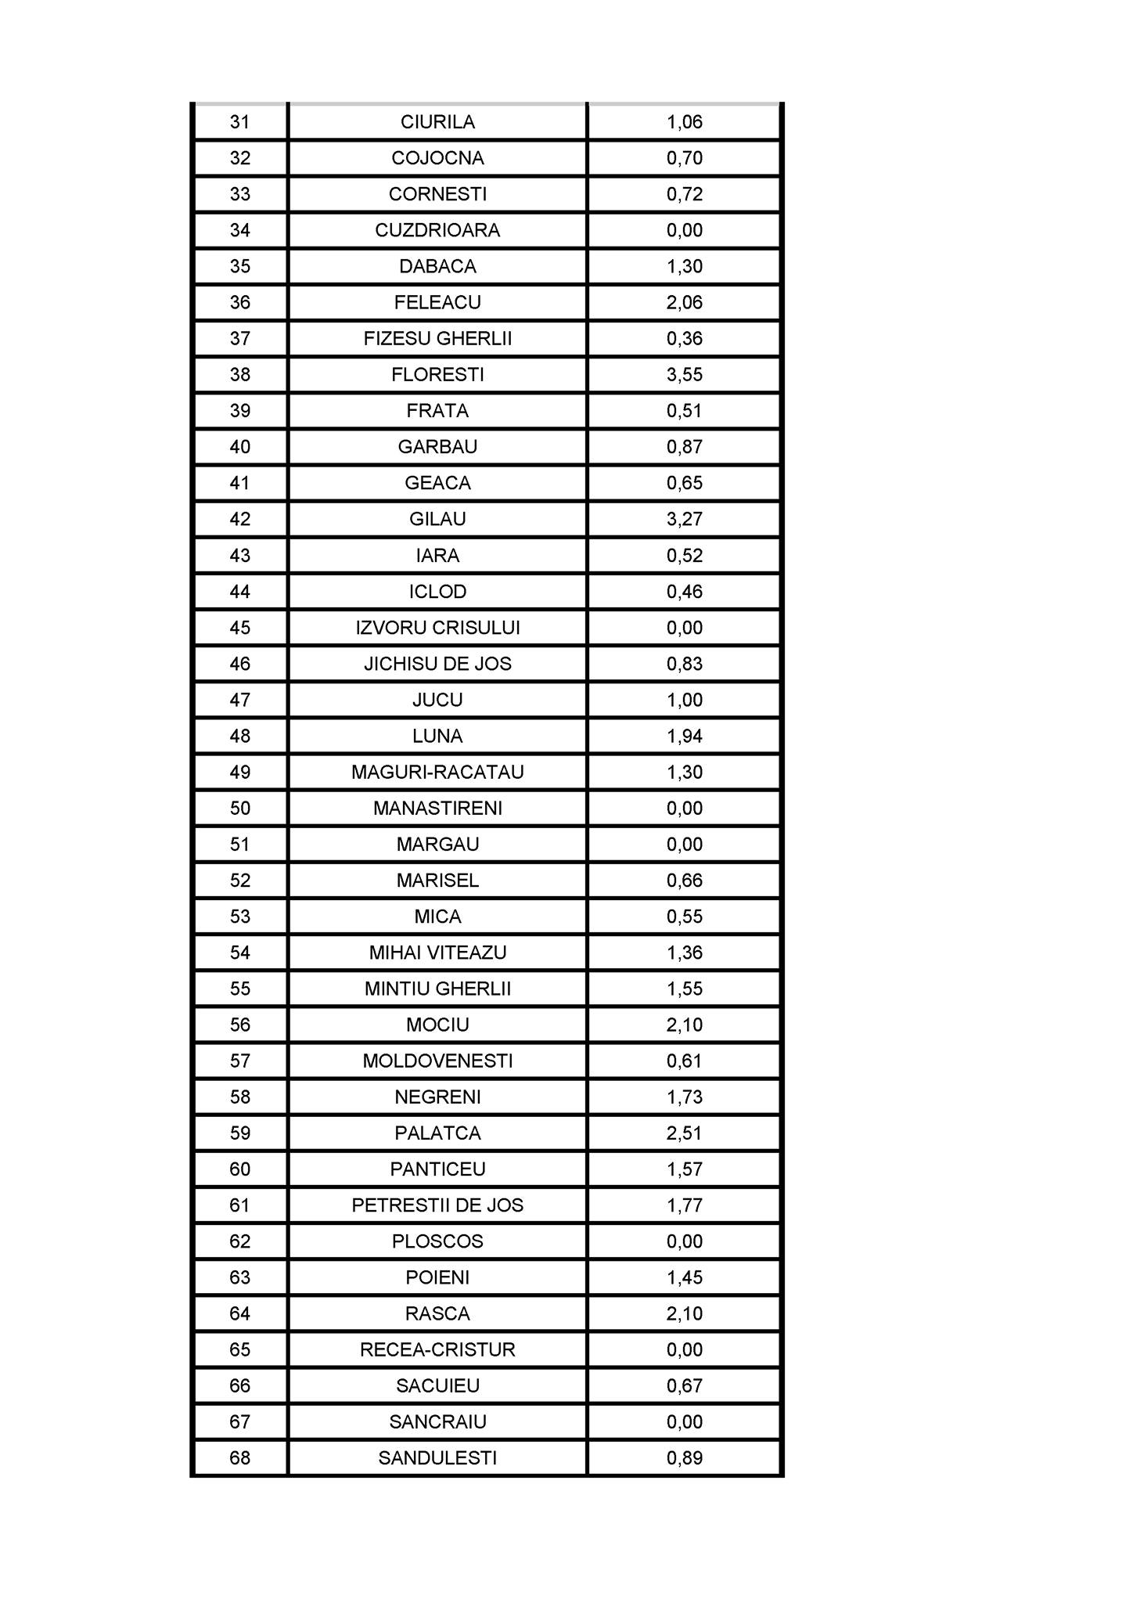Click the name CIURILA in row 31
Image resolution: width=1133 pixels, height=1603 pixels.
pos(437,122)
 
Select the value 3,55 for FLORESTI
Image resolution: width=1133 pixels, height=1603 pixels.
pos(685,375)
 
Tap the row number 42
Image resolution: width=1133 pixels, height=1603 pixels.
pos(240,519)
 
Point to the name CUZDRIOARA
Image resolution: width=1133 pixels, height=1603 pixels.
pos(437,230)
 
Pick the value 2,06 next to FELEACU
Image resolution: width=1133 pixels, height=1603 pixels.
pos(685,302)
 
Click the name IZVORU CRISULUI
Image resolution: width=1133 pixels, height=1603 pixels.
pos(437,628)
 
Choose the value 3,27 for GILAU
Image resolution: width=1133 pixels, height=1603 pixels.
pos(685,519)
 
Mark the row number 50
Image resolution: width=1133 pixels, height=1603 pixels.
pos(240,808)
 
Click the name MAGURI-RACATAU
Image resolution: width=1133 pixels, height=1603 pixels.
pos(437,772)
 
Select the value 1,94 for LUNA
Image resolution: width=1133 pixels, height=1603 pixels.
pos(685,736)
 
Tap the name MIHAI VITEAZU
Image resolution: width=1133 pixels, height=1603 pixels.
pos(437,953)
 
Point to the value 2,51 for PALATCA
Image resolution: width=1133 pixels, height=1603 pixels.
pos(685,1133)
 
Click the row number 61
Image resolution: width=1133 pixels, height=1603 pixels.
pos(240,1205)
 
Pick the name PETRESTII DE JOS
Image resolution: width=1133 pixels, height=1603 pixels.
pos(437,1205)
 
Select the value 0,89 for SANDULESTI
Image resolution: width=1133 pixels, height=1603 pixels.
pos(685,1457)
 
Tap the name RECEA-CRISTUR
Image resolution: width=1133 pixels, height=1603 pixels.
pos(437,1349)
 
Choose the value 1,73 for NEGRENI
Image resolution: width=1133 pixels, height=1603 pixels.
pos(685,1097)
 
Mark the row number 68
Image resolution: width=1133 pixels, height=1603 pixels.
pos(240,1457)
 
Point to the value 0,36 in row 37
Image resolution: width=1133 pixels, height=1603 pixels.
pos(685,339)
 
